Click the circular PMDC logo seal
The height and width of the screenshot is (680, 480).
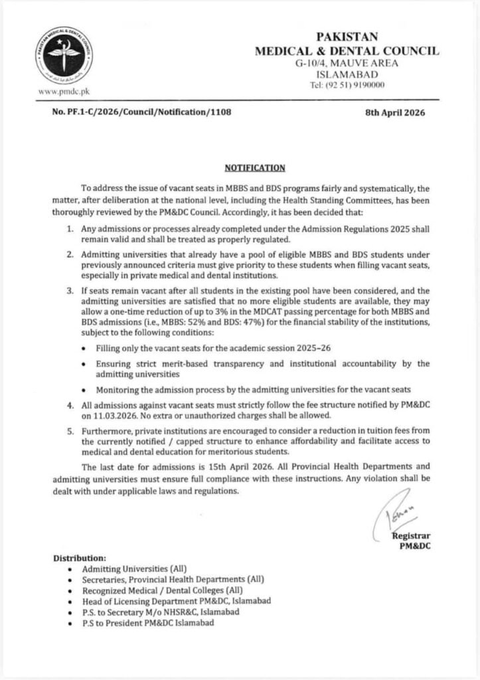64,54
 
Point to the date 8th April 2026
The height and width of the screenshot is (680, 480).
395,113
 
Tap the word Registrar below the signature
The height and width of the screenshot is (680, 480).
412,536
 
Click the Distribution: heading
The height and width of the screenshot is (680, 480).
80,558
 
